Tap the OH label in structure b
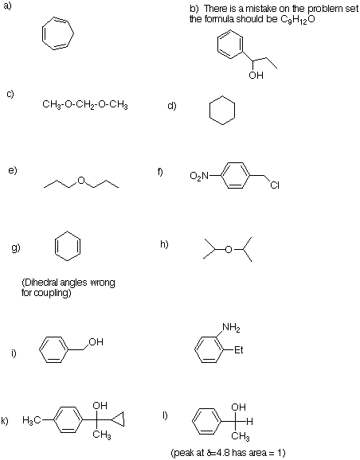[256, 76]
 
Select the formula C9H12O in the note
[297, 19]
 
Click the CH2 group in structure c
[85, 105]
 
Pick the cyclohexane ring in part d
[209, 111]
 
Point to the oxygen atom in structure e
[81, 181]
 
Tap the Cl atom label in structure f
[275, 185]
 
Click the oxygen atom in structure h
[229, 250]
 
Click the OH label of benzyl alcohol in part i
[96, 342]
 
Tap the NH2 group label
[231, 327]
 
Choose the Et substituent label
[239, 350]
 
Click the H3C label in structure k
[32, 421]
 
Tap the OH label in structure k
[100, 406]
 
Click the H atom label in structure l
[249, 422]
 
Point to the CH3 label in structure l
[241, 437]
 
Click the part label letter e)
[13, 170]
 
